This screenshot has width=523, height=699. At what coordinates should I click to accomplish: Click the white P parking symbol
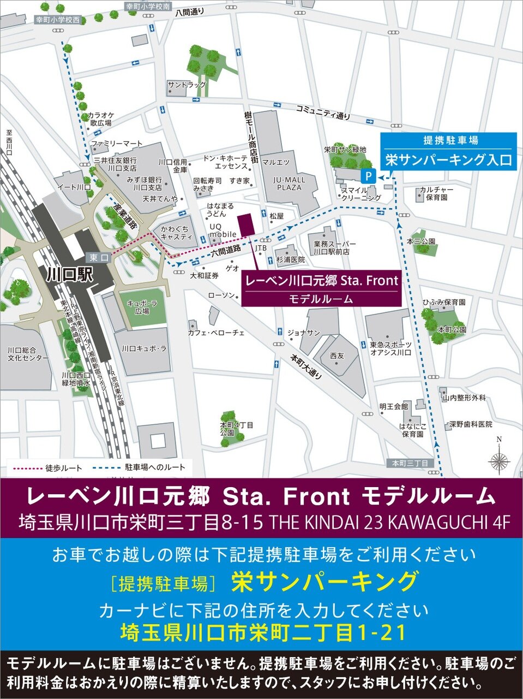pyautogui.click(x=369, y=176)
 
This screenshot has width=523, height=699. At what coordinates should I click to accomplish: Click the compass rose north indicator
pyautogui.click(x=498, y=460)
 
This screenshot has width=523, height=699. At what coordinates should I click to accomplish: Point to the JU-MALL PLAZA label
pyautogui.click(x=290, y=183)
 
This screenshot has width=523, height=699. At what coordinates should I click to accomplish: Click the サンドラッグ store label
pyautogui.click(x=187, y=85)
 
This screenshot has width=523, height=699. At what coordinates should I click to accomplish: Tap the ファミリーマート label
pyautogui.click(x=116, y=144)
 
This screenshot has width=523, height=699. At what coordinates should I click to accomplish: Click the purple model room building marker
pyautogui.click(x=245, y=224)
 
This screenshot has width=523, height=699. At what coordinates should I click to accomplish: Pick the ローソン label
pyautogui.click(x=221, y=295)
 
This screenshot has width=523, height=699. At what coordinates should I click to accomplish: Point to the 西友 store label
pyautogui.click(x=337, y=356)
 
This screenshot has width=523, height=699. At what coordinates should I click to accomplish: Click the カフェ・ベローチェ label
pyautogui.click(x=216, y=332)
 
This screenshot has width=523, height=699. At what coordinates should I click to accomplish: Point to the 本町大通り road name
pyautogui.click(x=305, y=368)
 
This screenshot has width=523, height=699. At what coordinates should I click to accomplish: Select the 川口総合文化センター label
pyautogui.click(x=28, y=354)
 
